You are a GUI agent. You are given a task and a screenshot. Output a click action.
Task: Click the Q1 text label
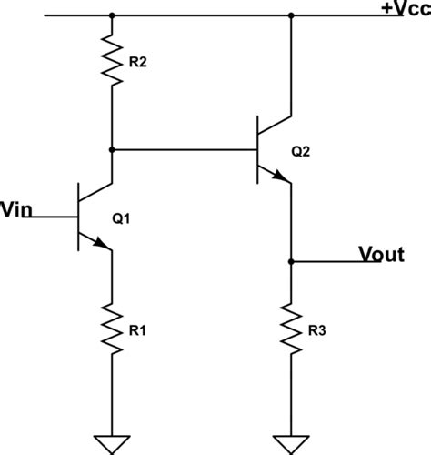pos(122,218)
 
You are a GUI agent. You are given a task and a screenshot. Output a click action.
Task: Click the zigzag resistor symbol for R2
pos(112,60)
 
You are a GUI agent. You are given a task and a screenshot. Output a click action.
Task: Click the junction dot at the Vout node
pos(291,263)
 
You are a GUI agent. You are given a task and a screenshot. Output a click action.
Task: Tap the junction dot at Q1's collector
pos(112,149)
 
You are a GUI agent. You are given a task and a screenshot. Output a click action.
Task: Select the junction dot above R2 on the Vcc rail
pos(112,15)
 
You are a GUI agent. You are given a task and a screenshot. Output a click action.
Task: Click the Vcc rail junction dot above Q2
pos(291,15)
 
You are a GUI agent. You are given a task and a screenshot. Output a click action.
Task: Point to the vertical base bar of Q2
pos(257,149)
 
